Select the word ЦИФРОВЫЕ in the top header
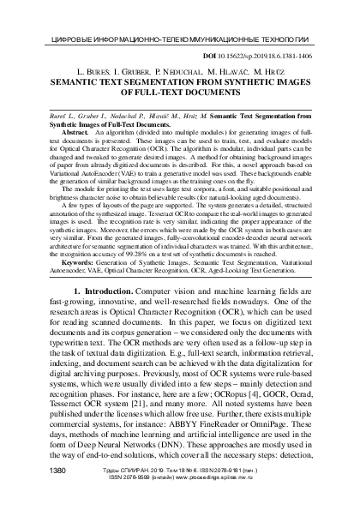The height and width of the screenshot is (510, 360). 60,39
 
